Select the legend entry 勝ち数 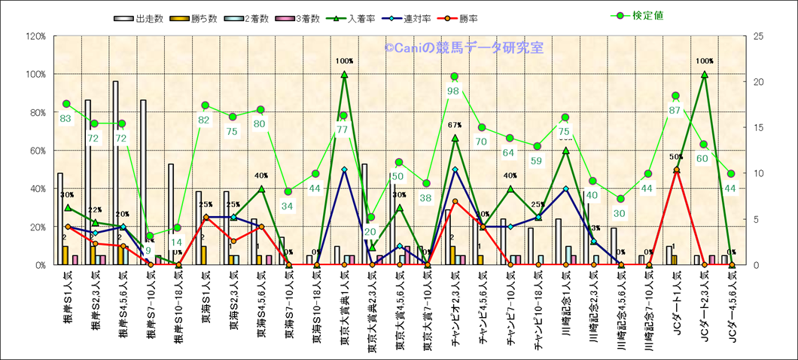184,17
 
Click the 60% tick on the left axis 38,151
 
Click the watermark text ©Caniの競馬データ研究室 464,47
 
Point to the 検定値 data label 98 454,91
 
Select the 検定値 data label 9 148,251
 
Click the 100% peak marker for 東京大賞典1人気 344,74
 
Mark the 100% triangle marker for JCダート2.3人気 704,74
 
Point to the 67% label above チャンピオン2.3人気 455,125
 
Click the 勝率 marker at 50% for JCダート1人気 676,170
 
